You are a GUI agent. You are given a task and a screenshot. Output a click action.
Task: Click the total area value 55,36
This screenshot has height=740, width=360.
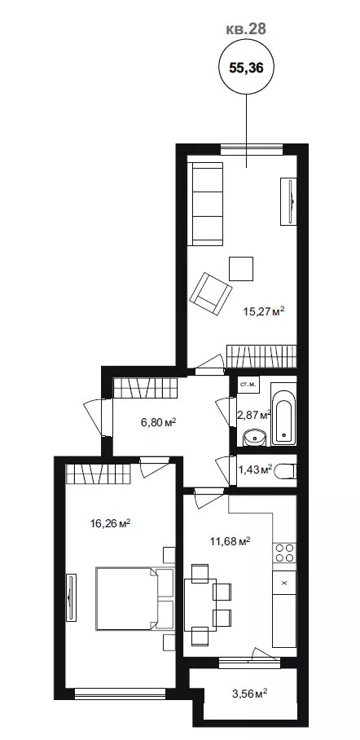point(246,68)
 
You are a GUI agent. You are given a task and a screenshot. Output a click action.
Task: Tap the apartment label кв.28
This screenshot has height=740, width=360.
point(246,29)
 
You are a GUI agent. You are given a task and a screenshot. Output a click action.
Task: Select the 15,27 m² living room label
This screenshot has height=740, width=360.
point(264,311)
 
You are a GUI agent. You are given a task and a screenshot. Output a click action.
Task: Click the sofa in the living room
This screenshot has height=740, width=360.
point(205,204)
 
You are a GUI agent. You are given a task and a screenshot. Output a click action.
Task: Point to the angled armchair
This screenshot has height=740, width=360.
point(211,293)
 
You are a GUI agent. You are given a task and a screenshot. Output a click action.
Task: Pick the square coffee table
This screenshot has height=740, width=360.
point(241,268)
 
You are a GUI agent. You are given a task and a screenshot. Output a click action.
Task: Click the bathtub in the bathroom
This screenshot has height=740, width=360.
point(283,414)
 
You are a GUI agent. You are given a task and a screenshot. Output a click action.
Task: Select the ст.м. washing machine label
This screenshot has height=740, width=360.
point(248,384)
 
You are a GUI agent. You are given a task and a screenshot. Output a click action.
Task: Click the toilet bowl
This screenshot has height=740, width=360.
point(285,470)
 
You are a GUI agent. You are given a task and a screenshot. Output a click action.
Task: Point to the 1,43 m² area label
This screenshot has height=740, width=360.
point(255,469)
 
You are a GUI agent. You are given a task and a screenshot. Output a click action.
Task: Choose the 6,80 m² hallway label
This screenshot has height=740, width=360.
point(159,421)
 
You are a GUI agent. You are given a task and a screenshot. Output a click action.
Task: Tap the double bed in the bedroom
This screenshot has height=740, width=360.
point(135,598)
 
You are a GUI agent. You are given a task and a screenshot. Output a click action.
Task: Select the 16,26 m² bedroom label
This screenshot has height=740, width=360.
point(111,523)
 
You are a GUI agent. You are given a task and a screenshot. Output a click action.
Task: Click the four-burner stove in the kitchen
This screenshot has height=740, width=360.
point(284,553)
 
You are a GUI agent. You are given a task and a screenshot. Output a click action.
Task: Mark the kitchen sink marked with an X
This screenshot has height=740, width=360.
point(284,583)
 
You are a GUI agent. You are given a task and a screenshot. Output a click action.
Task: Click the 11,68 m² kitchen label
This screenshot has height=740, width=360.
point(230,541)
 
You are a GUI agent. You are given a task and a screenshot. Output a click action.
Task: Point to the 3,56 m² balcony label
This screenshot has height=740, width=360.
point(249,694)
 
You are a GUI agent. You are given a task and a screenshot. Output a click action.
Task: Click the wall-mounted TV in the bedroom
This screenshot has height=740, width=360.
point(71,598)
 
